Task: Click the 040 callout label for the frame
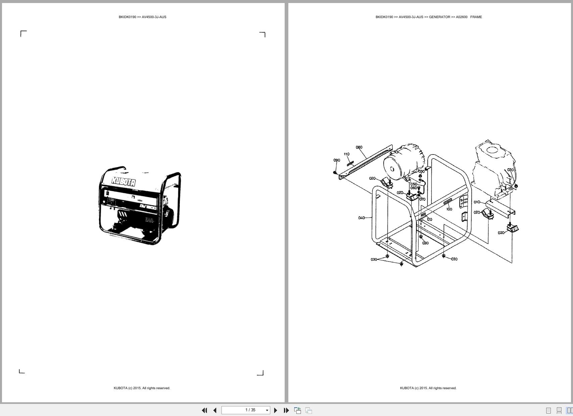pyautogui.click(x=361, y=218)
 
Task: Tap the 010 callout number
pyautogui.click(x=477, y=202)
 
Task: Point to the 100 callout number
pyautogui.click(x=449, y=209)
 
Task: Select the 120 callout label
pyautogui.click(x=429, y=220)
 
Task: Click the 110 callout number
pyautogui.click(x=346, y=154)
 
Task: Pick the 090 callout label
pyautogui.click(x=337, y=160)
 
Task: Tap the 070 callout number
pyautogui.click(x=422, y=199)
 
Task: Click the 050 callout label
pyautogui.click(x=414, y=184)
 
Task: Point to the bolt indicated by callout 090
pyautogui.click(x=335, y=173)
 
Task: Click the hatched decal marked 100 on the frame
pyautogui.click(x=447, y=202)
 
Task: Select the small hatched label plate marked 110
pyautogui.click(x=350, y=164)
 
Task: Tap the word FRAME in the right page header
pyautogui.click(x=476, y=17)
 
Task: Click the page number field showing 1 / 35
pyautogui.click(x=250, y=410)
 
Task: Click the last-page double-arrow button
pyautogui.click(x=286, y=410)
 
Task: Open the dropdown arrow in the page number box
pyautogui.click(x=267, y=410)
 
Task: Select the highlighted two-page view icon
pyautogui.click(x=569, y=410)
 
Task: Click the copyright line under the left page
pyautogui.click(x=142, y=388)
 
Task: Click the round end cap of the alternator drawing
pyautogui.click(x=390, y=168)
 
